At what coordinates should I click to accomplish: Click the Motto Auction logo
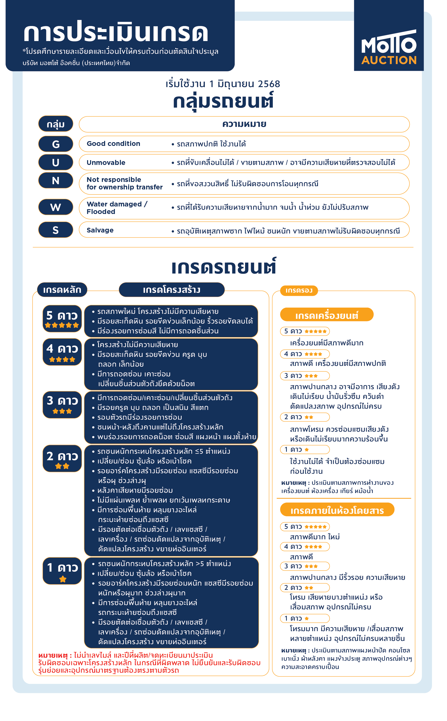[388, 47]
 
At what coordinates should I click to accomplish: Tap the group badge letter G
[56, 144]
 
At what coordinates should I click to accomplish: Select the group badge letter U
[56, 162]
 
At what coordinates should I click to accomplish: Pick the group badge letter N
[56, 180]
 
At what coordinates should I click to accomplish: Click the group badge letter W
[56, 207]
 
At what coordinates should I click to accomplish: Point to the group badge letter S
[56, 230]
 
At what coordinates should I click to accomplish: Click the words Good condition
[113, 144]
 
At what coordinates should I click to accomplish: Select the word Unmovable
[106, 163]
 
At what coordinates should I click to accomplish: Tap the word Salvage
[100, 230]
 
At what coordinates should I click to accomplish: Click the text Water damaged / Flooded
[117, 208]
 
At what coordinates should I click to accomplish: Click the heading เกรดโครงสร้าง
[171, 290]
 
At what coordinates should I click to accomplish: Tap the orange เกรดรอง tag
[299, 290]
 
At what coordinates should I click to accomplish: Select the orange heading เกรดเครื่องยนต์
[326, 315]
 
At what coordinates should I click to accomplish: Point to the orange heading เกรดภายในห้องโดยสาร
[337, 511]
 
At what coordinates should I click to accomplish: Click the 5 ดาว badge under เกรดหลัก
[62, 318]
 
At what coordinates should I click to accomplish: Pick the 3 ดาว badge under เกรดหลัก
[62, 404]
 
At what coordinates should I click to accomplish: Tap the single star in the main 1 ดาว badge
[63, 579]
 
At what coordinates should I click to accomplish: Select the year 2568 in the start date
[269, 84]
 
